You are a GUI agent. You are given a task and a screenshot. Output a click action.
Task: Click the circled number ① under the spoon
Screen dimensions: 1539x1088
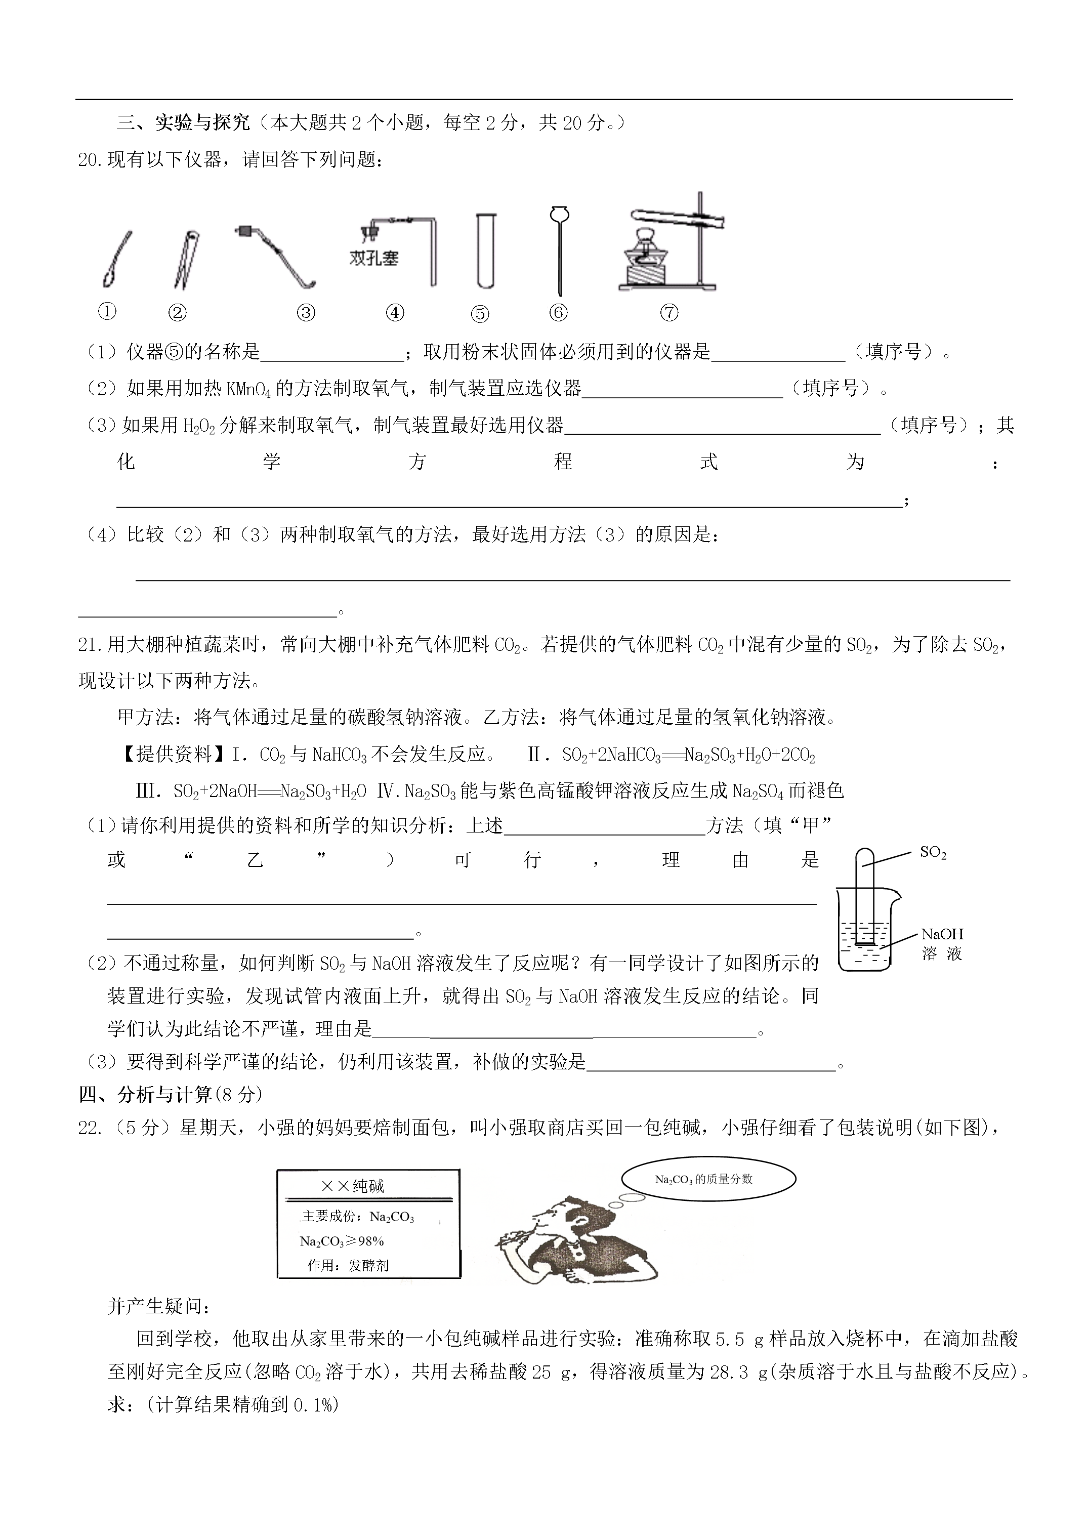click(x=107, y=311)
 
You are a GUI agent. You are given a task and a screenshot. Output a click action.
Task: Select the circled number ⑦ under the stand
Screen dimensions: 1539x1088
click(x=669, y=312)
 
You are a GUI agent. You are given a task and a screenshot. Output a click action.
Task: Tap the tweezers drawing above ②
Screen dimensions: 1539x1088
click(x=186, y=260)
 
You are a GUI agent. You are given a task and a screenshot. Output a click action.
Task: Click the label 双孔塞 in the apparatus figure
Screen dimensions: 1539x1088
click(x=373, y=259)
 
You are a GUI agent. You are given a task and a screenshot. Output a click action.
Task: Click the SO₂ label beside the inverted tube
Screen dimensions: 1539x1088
click(x=933, y=853)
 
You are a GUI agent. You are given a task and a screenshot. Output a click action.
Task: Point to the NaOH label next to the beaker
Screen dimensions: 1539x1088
click(x=942, y=934)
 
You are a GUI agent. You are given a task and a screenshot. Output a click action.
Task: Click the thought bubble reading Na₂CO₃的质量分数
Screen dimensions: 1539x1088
click(x=708, y=1179)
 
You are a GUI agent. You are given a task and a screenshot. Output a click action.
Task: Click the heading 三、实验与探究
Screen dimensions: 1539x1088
click(x=183, y=122)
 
